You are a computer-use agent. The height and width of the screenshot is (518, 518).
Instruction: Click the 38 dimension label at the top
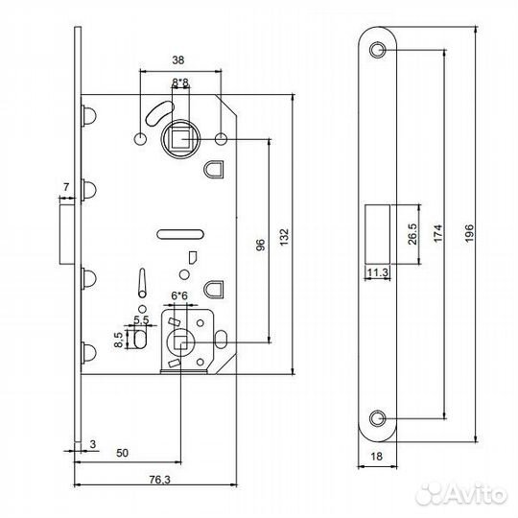[179, 58]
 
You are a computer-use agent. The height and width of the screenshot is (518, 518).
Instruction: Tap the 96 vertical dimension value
[259, 246]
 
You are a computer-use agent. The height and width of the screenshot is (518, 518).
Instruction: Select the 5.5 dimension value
[141, 318]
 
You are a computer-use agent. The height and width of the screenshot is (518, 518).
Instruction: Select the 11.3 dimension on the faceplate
[375, 272]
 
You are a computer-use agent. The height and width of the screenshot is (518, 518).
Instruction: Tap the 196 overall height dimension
[468, 236]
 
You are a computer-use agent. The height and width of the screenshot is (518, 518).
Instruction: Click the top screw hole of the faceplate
[377, 49]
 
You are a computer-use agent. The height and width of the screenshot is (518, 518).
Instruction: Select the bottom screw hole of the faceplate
[377, 417]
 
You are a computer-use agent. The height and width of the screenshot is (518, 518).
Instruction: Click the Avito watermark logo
[472, 496]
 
